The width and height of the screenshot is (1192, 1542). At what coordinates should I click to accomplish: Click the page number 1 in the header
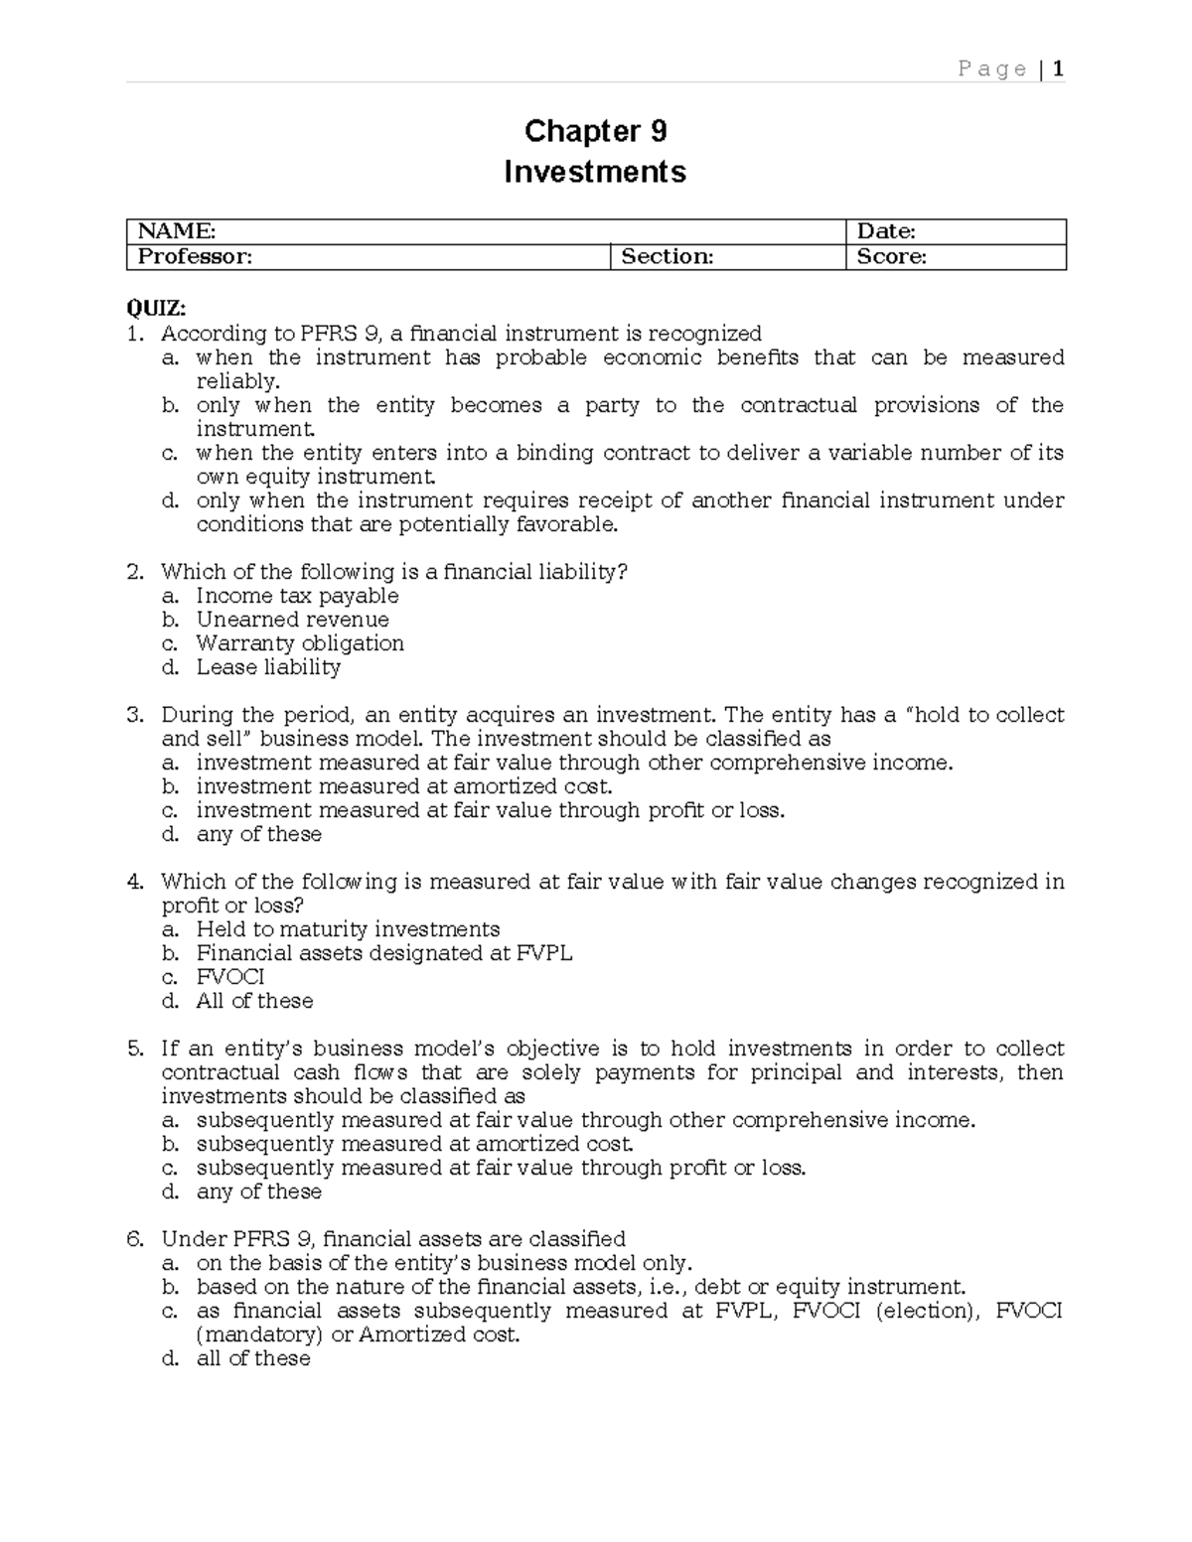tap(1059, 69)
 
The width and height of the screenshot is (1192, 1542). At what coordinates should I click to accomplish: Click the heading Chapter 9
tap(595, 131)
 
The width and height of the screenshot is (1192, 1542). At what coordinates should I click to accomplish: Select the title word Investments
tap(595, 172)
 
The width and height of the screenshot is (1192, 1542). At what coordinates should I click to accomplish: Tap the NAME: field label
tap(176, 231)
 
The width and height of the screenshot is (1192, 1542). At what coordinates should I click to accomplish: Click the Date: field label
tap(886, 231)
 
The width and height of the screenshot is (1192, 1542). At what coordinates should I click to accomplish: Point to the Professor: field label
tap(195, 257)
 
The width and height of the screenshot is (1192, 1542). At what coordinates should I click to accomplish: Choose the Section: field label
tap(668, 257)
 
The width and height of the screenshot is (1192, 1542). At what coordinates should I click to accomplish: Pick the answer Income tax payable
tap(297, 596)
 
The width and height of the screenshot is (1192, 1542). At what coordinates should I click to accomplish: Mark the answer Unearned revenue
tap(292, 620)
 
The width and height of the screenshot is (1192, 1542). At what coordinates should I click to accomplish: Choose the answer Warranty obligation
tap(300, 643)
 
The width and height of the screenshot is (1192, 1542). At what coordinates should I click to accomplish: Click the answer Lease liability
tap(268, 667)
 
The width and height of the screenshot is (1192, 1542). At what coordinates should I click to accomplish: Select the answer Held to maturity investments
tap(348, 929)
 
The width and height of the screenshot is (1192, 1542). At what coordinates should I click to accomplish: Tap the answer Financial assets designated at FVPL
tap(384, 953)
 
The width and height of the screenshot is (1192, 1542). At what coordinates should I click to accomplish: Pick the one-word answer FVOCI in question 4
tap(230, 977)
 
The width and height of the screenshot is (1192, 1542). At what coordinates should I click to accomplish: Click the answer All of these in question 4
tap(254, 1001)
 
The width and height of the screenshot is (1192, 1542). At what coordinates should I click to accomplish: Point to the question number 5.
tap(136, 1049)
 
